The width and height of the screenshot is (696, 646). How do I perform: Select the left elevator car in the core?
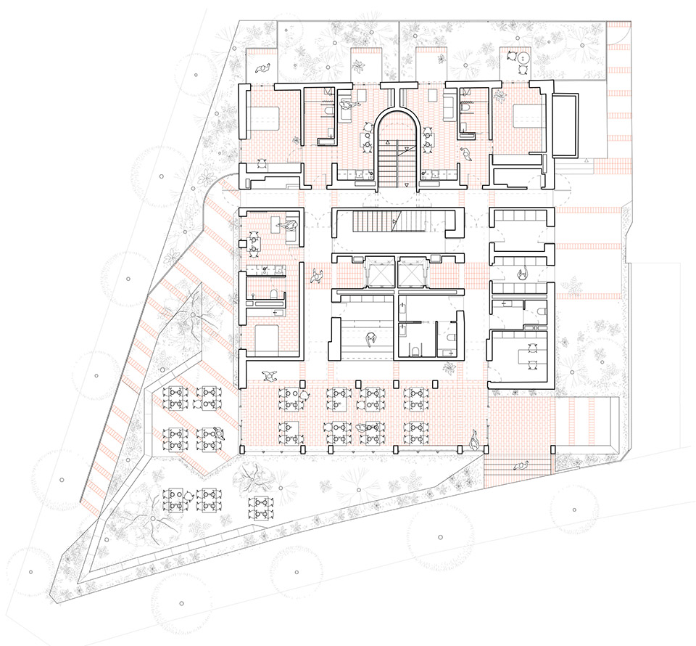point(379,274)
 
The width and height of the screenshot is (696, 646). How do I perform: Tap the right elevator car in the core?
point(413,274)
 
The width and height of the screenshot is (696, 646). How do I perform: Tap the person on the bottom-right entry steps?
point(521,465)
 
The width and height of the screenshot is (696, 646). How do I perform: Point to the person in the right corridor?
point(522,273)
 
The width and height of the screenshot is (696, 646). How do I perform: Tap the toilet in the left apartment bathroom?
point(275,294)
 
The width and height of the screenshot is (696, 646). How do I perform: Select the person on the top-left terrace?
point(262,68)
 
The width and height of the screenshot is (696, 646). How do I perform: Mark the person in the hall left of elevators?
point(316,275)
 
